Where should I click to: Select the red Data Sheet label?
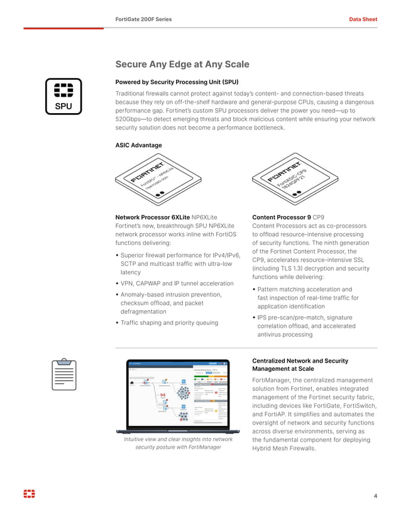[x=363, y=19]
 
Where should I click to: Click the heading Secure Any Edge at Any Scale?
[x=182, y=64]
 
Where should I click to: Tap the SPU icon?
[x=63, y=97]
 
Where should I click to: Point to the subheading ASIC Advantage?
[x=138, y=145]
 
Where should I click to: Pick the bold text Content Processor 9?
[x=281, y=217]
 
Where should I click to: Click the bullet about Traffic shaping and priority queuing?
[x=169, y=323]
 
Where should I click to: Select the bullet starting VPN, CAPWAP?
[x=176, y=283]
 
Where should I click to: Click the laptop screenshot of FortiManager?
[x=178, y=395]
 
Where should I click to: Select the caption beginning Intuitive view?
[x=178, y=443]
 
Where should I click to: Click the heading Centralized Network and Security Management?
[x=299, y=365]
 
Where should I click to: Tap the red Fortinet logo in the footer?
[x=30, y=494]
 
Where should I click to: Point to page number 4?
[x=375, y=496]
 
